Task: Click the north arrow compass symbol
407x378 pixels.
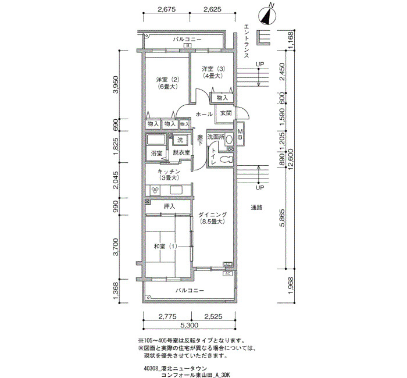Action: (268, 15)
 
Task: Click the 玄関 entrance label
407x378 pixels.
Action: (226, 113)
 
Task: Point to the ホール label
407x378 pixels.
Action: (204, 114)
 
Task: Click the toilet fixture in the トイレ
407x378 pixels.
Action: (226, 159)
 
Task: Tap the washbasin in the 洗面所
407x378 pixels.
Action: (229, 140)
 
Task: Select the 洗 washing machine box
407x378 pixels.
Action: (180, 140)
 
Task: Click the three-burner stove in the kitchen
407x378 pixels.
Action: (155, 190)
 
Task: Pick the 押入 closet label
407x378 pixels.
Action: (169, 206)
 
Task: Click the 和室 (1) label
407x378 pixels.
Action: (165, 246)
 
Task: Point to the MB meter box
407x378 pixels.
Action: (240, 134)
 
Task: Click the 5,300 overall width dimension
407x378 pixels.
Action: (189, 325)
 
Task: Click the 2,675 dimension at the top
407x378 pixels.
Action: (167, 10)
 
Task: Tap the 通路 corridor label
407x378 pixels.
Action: (256, 207)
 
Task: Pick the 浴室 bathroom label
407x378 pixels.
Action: (156, 153)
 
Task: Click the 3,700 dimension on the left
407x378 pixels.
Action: (116, 247)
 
